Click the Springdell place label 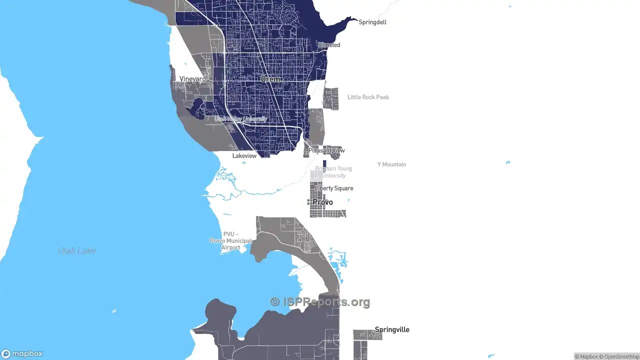pyautogui.click(x=372, y=22)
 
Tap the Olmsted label pyautogui.click(x=329, y=45)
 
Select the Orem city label pyautogui.click(x=270, y=79)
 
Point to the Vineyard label pyautogui.click(x=192, y=79)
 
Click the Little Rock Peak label pyautogui.click(x=368, y=97)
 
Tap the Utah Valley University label pyautogui.click(x=240, y=119)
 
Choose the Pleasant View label pyautogui.click(x=326, y=150)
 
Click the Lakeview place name pyautogui.click(x=244, y=156)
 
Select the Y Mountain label pyautogui.click(x=391, y=164)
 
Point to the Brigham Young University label pyautogui.click(x=333, y=172)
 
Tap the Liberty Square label pyautogui.click(x=334, y=188)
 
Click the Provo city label pyautogui.click(x=322, y=202)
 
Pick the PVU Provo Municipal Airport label pyautogui.click(x=230, y=240)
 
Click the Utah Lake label pyautogui.click(x=77, y=250)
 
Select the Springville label pyautogui.click(x=392, y=329)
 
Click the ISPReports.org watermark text pyautogui.click(x=320, y=302)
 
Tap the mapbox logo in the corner pyautogui.click(x=22, y=353)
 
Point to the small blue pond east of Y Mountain pyautogui.click(x=508, y=162)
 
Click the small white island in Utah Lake pyautogui.click(x=114, y=310)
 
